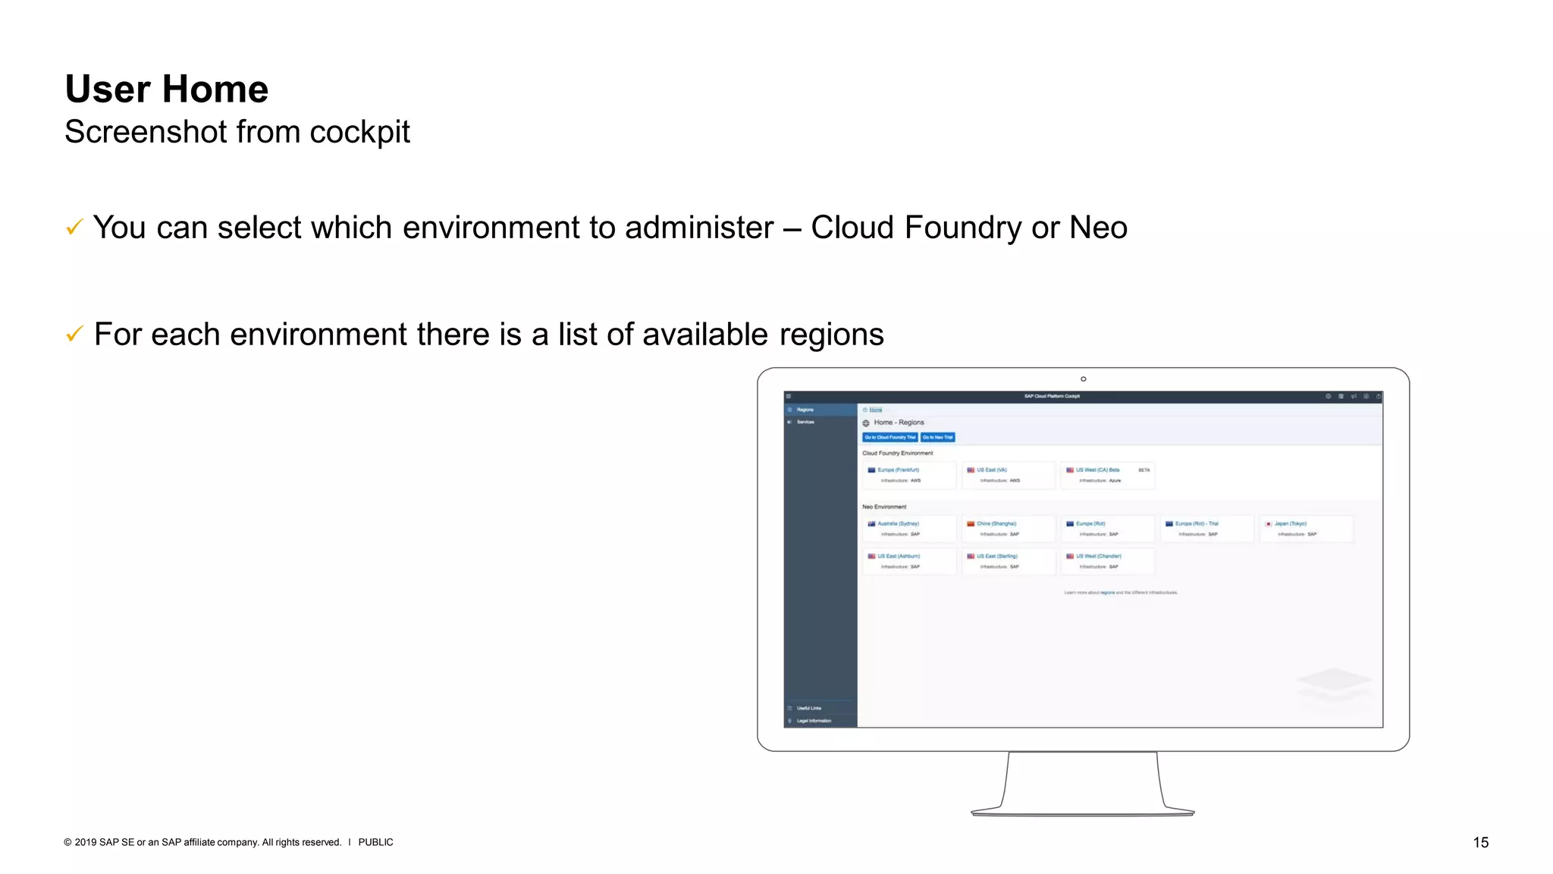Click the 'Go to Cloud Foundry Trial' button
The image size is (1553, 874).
pos(890,437)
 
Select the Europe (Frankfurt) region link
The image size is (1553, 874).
pos(898,470)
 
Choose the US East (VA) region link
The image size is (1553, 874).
pos(991,470)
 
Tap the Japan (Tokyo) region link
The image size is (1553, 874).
pos(1290,523)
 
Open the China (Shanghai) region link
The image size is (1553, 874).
pos(996,523)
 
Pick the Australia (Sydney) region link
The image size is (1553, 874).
pos(898,523)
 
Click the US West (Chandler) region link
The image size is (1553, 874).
pos(1098,556)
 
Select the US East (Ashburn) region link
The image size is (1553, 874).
pos(899,556)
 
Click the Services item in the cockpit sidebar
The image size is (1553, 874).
pos(805,422)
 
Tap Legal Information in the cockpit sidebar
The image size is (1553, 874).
pos(814,721)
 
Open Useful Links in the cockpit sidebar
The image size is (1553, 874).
pos(808,708)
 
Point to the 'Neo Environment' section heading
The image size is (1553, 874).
pos(884,507)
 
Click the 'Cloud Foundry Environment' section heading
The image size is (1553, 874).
pos(898,453)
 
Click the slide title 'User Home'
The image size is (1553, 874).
pos(167,90)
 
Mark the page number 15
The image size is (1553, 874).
pos(1480,842)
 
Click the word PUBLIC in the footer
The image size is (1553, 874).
pos(375,842)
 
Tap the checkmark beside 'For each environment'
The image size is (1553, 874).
pos(74,334)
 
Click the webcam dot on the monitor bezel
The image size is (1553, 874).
pos(1083,379)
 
